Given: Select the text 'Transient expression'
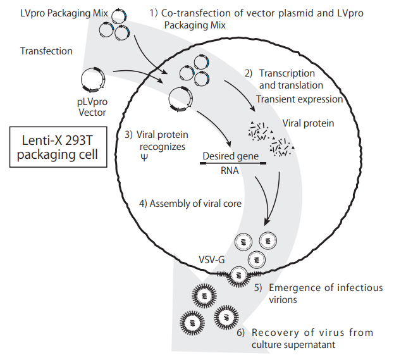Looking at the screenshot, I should click(x=299, y=99).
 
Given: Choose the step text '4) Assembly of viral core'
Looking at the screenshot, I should click(x=190, y=204).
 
